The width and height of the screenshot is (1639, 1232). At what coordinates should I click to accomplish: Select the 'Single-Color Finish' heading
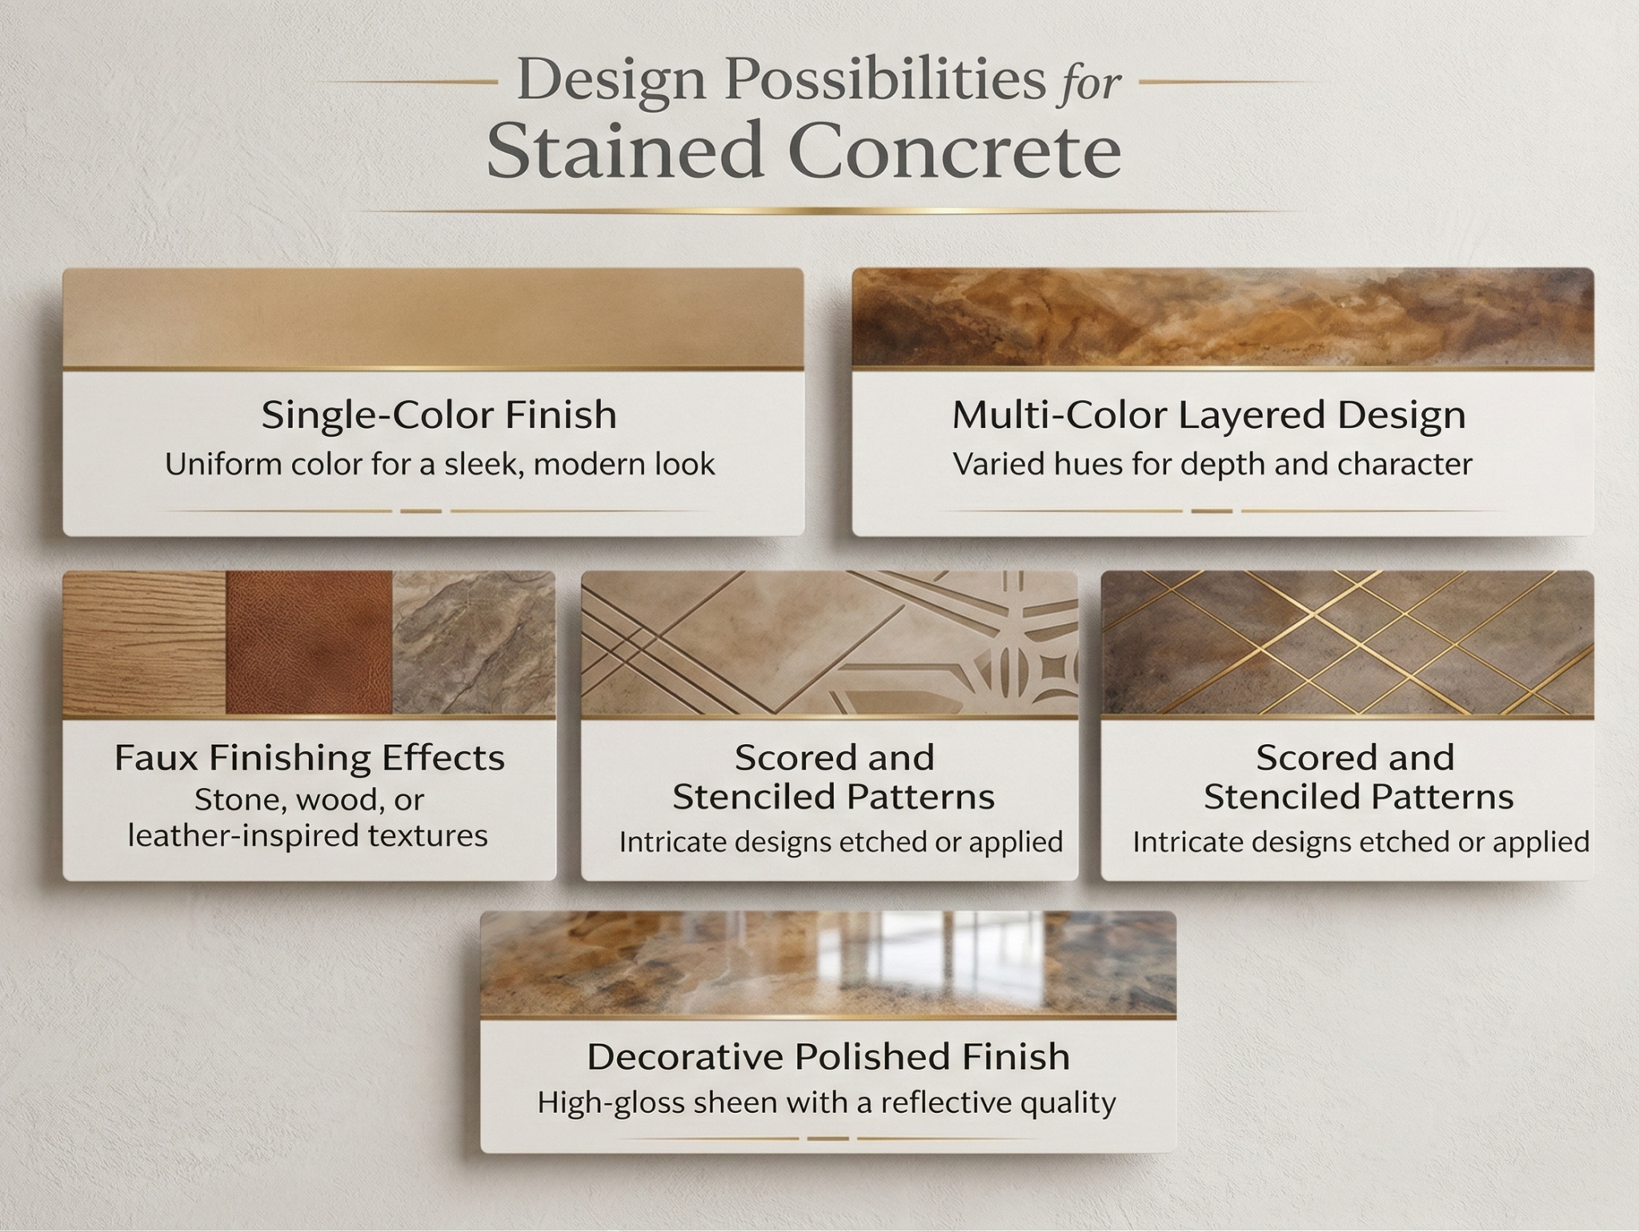point(439,415)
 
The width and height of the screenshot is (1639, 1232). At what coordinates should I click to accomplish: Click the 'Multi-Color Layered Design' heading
point(1208,415)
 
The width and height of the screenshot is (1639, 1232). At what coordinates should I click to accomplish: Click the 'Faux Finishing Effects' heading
point(309,758)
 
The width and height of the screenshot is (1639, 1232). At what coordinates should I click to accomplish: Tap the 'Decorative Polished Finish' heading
point(828,1057)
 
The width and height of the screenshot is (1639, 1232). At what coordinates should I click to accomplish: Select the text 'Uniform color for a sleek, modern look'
point(439,465)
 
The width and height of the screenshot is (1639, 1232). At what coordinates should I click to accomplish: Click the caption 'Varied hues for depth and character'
point(1212,465)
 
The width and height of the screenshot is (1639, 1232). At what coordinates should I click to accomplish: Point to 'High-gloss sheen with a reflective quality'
point(826,1103)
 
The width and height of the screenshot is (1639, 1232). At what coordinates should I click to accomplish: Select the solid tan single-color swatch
point(433,318)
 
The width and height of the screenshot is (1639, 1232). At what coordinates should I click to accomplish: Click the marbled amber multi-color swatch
point(1222,318)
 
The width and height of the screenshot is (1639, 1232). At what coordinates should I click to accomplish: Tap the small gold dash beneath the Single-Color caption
point(421,510)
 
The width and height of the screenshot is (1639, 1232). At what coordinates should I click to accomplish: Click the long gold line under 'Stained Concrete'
point(819,210)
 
